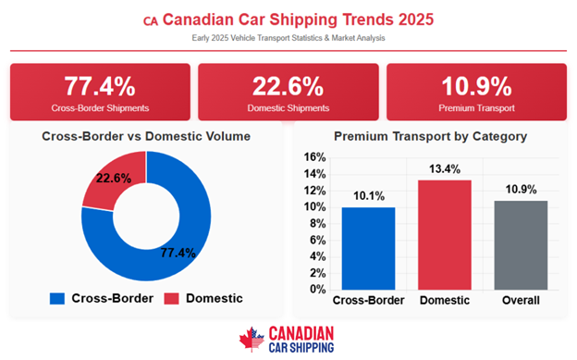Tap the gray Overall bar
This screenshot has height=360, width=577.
[521, 244]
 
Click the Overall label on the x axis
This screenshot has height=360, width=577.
[521, 302]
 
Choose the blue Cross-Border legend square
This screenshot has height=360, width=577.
[58, 298]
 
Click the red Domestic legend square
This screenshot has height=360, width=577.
[173, 298]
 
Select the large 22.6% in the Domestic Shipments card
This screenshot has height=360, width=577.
[288, 86]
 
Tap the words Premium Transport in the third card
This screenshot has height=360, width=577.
[476, 108]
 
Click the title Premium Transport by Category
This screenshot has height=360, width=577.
[430, 136]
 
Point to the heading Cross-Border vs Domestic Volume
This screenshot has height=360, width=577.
[146, 136]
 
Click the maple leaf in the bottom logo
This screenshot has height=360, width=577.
[251, 339]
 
